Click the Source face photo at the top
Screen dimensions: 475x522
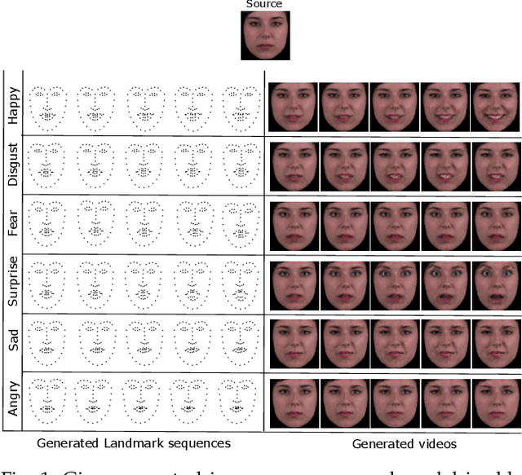point(264,36)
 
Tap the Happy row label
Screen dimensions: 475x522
point(14,106)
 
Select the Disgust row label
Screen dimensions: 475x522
point(14,166)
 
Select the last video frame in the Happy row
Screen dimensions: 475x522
point(496,106)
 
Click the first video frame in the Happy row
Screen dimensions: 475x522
point(293,106)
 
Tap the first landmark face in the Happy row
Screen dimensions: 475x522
point(47,108)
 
